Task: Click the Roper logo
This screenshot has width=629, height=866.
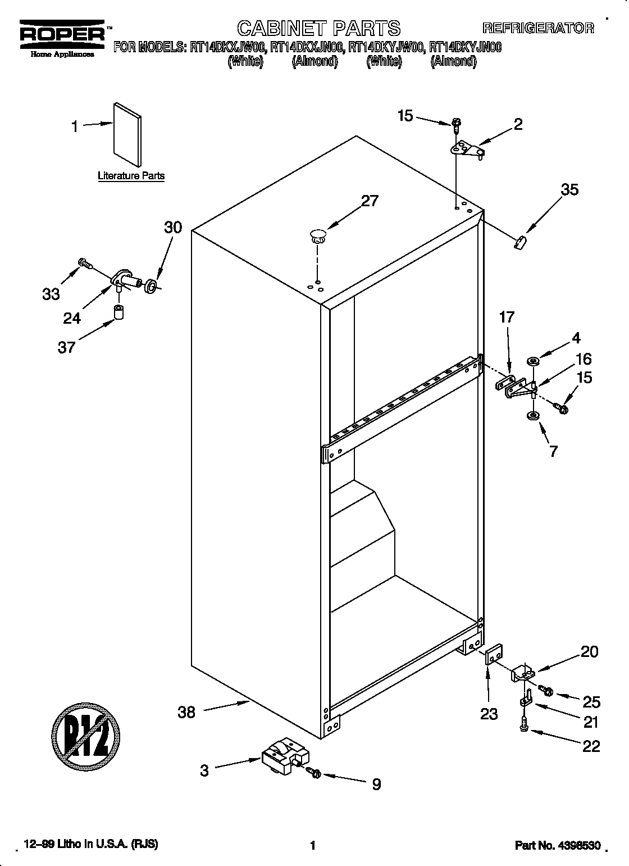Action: pyautogui.click(x=62, y=35)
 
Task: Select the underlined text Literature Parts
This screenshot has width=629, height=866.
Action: pyautogui.click(x=131, y=176)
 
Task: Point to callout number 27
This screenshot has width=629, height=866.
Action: pyautogui.click(x=370, y=201)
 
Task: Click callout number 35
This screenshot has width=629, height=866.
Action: pyautogui.click(x=569, y=189)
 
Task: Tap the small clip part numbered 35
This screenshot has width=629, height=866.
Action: pyautogui.click(x=521, y=242)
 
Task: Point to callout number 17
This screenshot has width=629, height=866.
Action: pyautogui.click(x=507, y=317)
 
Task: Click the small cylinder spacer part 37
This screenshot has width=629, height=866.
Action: pyautogui.click(x=119, y=311)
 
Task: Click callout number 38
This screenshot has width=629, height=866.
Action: pyautogui.click(x=186, y=712)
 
